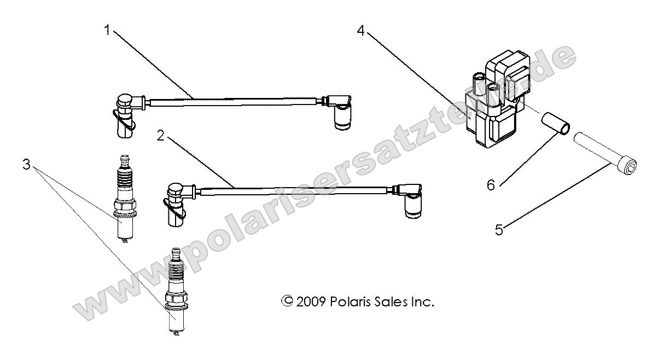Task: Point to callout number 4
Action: click(360, 31)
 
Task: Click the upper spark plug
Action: click(123, 202)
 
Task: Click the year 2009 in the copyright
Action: click(311, 301)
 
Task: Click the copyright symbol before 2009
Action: click(286, 301)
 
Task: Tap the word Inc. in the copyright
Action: click(422, 301)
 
